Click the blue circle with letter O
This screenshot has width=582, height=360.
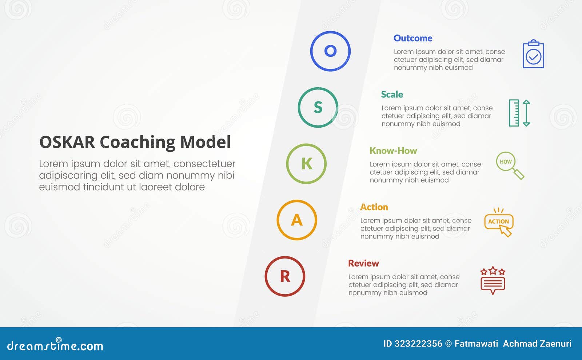click(330, 51)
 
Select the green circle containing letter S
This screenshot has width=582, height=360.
click(318, 107)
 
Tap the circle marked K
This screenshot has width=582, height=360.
click(306, 164)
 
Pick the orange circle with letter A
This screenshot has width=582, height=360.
click(297, 220)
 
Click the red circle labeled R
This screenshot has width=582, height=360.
click(285, 276)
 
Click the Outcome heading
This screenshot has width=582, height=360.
click(413, 38)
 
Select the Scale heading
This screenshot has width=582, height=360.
click(392, 95)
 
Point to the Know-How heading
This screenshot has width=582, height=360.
click(393, 151)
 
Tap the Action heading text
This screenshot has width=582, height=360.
click(374, 207)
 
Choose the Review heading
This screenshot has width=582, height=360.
click(363, 263)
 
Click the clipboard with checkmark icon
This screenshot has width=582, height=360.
click(533, 54)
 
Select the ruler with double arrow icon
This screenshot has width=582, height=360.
click(519, 113)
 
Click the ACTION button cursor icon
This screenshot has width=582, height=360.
click(499, 223)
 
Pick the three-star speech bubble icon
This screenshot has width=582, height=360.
click(493, 280)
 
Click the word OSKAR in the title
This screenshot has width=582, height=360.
click(67, 142)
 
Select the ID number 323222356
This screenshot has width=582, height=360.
click(418, 344)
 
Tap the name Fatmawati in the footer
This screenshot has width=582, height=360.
click(476, 344)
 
